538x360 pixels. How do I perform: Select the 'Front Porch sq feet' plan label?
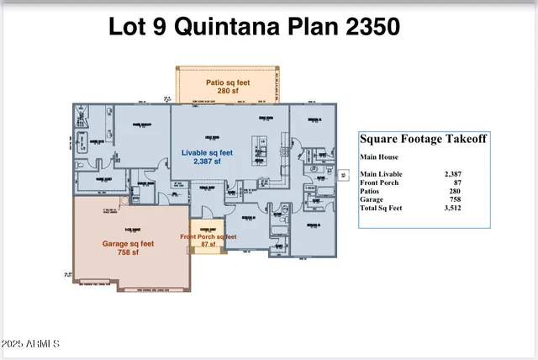208,237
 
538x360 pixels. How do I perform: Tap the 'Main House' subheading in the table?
377,156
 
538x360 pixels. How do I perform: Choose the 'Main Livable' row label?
381,173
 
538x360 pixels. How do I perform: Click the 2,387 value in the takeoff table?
453,173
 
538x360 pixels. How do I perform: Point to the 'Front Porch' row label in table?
379,182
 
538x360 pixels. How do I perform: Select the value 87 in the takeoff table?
457,182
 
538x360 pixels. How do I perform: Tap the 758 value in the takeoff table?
456,199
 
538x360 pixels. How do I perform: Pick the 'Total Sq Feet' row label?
382,207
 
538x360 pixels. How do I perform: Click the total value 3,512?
453,207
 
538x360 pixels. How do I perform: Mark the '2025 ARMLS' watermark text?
31,344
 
